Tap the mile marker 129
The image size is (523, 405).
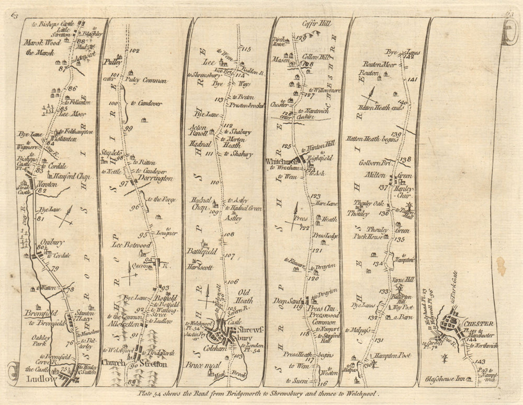pos(301,38)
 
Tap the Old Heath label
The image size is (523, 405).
pos(245,293)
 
